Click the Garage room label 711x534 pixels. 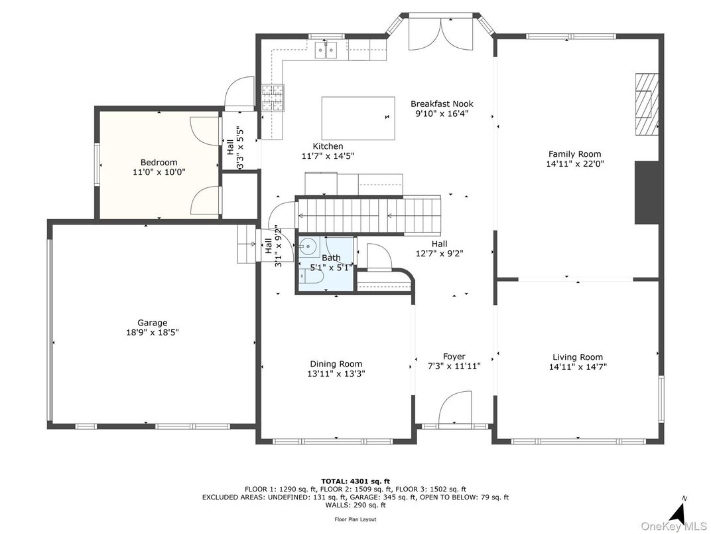point(153,323)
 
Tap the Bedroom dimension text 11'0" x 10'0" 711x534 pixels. point(159,172)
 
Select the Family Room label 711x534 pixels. point(574,154)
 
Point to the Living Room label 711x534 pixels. point(578,357)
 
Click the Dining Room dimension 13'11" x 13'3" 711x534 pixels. point(336,374)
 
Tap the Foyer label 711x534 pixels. point(454,357)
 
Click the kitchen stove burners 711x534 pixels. point(273,98)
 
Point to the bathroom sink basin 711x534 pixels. point(308,247)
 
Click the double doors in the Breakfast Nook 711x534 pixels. point(451,33)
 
